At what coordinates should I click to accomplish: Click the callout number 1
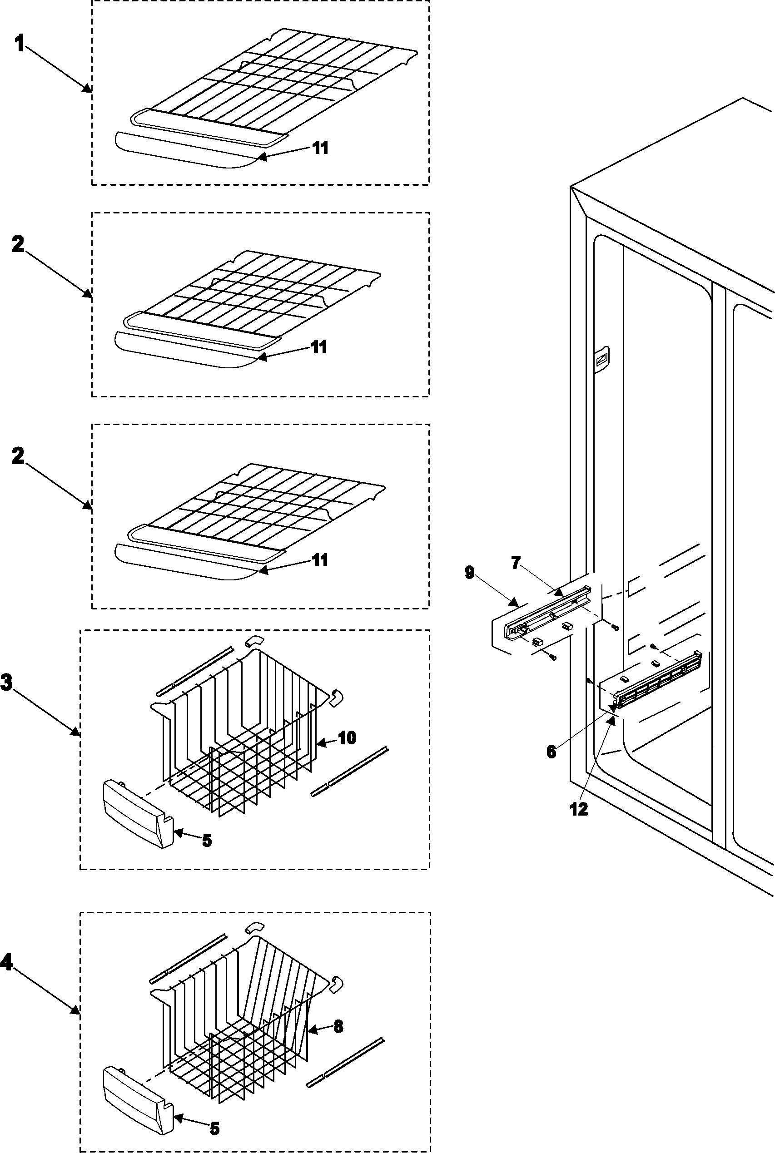point(19,44)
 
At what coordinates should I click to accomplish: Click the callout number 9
point(470,573)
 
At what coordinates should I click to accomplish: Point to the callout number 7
point(516,563)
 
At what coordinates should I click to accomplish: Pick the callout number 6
point(551,752)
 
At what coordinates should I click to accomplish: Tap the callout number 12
point(579,809)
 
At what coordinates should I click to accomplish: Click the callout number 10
point(347,738)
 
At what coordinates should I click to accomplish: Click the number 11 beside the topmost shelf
point(320,147)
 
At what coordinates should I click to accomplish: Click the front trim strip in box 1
point(183,150)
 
